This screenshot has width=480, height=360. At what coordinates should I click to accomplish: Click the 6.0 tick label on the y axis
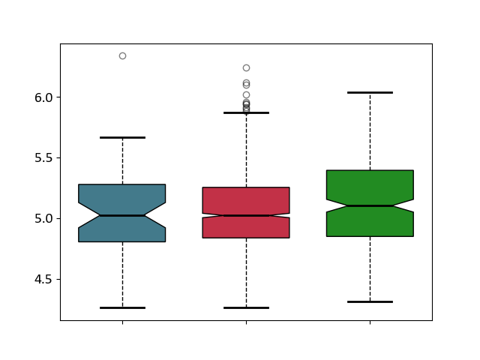(43, 97)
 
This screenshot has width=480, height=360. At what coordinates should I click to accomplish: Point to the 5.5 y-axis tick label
(43, 158)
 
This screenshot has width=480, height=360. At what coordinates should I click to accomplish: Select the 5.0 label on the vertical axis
(43, 219)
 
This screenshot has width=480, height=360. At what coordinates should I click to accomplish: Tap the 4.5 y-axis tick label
(43, 280)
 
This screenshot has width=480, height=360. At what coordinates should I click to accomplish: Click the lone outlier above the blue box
(123, 56)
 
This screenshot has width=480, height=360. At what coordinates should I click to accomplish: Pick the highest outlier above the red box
(247, 68)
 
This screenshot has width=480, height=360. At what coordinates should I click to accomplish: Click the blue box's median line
(122, 216)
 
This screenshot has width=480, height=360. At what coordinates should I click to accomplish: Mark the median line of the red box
(247, 216)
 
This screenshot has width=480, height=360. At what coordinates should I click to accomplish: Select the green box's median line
(370, 206)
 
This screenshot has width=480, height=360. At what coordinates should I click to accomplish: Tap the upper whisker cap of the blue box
(122, 138)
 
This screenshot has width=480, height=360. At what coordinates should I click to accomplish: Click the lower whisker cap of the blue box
(122, 308)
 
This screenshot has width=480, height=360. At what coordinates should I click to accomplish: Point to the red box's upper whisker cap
(247, 113)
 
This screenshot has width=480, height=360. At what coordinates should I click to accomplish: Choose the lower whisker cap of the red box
(247, 308)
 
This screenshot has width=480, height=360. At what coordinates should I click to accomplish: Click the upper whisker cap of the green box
(370, 92)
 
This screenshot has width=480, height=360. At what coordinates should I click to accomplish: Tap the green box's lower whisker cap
(370, 302)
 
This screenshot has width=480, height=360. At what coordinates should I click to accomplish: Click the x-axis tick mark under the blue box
(123, 322)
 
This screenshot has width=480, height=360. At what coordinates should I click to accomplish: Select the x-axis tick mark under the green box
(370, 322)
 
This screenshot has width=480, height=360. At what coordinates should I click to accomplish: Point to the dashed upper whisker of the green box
(370, 131)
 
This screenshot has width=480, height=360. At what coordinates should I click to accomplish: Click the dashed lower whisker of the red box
(247, 273)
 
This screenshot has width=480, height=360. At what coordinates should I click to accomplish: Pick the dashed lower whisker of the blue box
(123, 275)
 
